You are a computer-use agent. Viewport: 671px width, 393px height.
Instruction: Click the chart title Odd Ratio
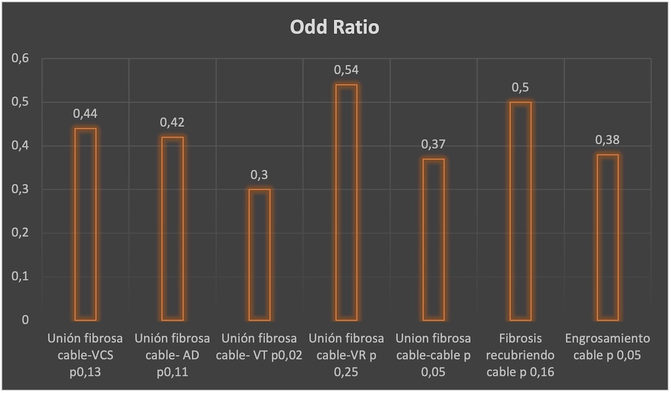click(334, 27)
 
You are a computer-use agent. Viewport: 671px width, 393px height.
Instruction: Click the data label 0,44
click(86, 114)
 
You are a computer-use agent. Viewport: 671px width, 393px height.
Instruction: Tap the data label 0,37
click(433, 144)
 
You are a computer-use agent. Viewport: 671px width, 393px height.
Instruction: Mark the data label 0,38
click(607, 140)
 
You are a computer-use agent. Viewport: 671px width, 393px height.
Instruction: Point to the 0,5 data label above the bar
click(521, 87)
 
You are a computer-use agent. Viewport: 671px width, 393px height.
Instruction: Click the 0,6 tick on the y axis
click(20, 58)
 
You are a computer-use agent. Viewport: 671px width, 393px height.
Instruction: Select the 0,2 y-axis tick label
click(20, 233)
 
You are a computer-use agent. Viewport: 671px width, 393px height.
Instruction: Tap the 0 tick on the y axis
click(25, 320)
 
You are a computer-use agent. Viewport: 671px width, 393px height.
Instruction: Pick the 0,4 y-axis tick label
click(20, 145)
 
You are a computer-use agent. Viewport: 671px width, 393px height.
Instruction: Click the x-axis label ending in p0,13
click(86, 355)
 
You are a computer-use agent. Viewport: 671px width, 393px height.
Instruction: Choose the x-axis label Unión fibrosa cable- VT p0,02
click(259, 347)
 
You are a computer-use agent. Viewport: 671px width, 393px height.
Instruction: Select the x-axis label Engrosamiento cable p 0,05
click(607, 347)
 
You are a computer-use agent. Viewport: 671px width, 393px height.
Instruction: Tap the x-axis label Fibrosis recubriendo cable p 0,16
click(521, 355)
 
